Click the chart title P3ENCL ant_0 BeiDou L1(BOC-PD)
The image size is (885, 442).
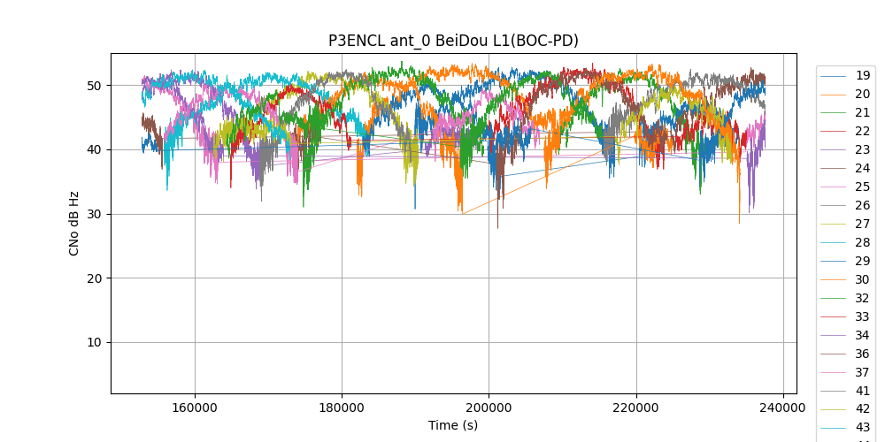tap(453, 41)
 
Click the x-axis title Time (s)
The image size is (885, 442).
tap(453, 425)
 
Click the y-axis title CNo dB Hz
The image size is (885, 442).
tap(74, 223)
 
